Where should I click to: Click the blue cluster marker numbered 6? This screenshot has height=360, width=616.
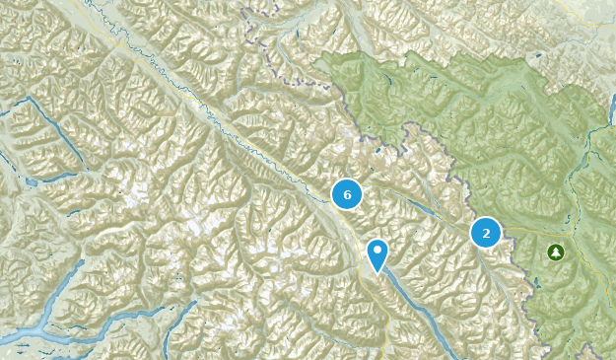click(x=347, y=194)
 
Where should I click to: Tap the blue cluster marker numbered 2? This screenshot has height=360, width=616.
click(x=486, y=233)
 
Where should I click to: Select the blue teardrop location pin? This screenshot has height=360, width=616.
click(x=377, y=252)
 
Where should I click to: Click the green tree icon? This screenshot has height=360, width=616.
click(x=556, y=252)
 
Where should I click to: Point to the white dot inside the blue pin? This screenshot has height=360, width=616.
click(x=377, y=251)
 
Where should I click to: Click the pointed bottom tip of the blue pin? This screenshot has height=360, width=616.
click(x=377, y=273)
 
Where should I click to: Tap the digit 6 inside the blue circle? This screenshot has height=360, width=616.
click(x=347, y=194)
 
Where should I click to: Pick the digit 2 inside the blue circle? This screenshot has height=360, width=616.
click(x=486, y=233)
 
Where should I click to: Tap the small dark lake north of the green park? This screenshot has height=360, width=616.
click(x=297, y=36)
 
